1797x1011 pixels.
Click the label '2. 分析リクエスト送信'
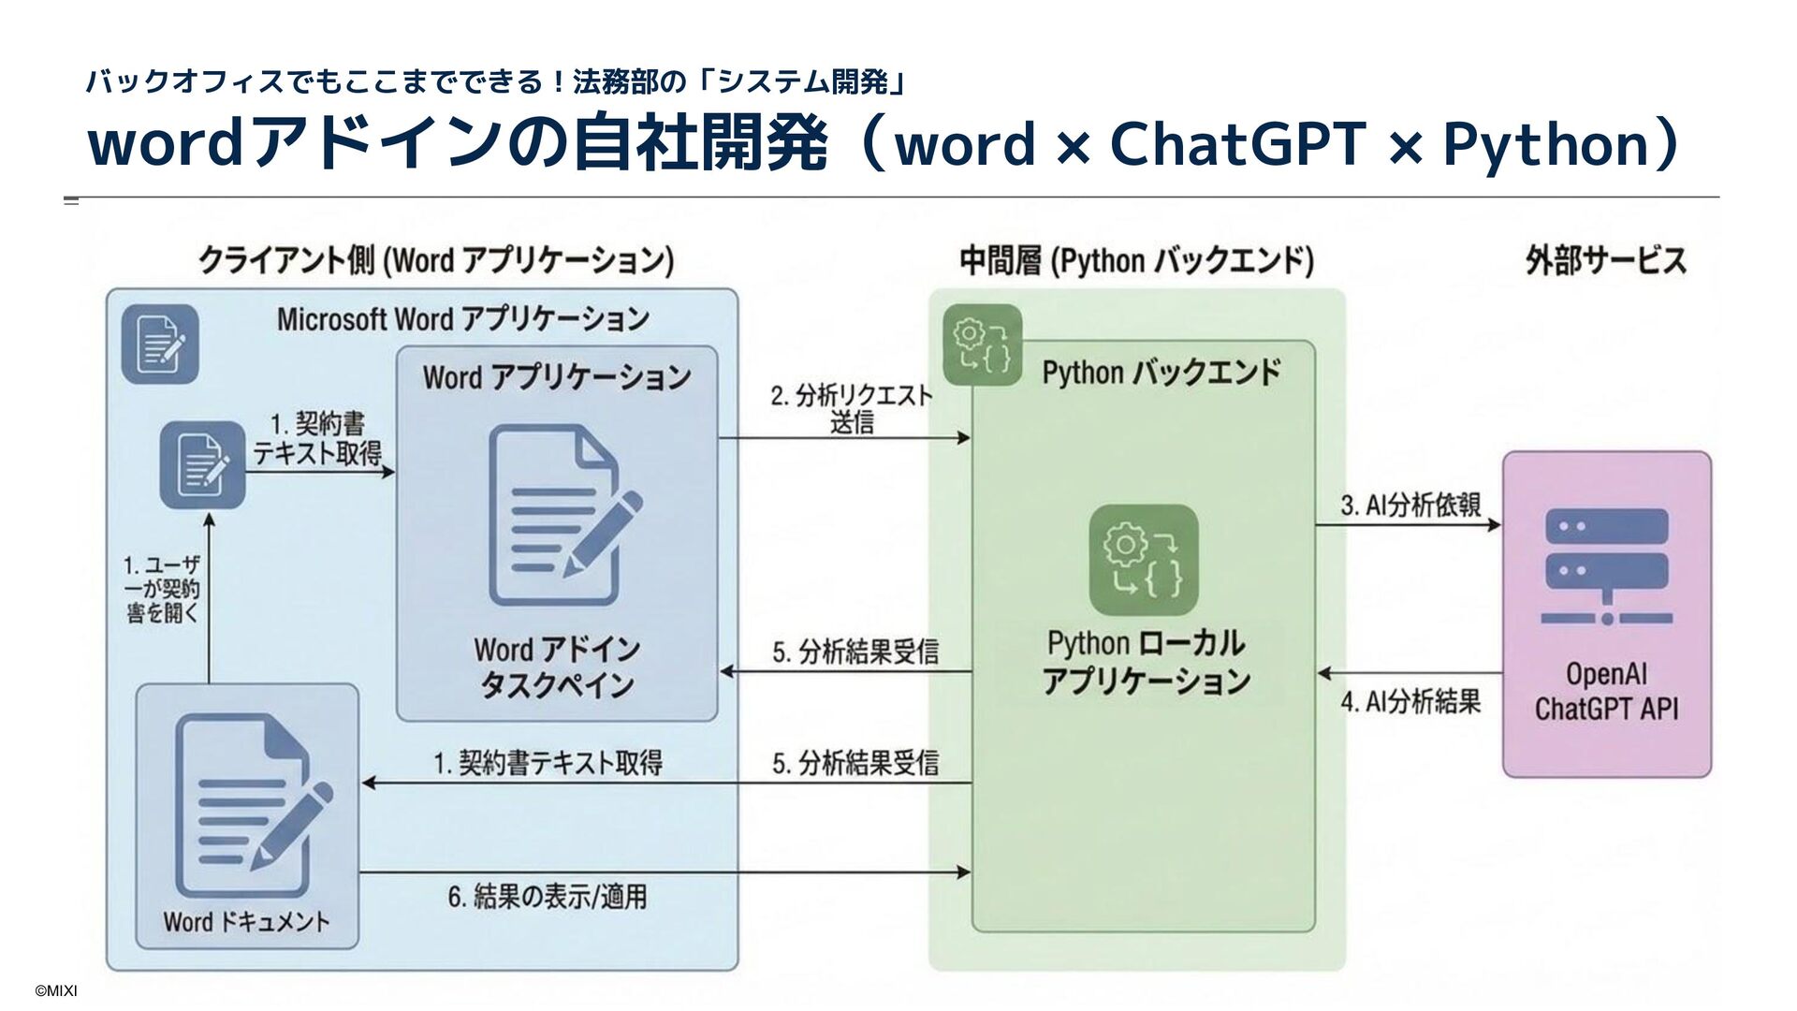pyautogui.click(x=852, y=409)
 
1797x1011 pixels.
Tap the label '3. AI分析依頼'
pyautogui.click(x=1410, y=505)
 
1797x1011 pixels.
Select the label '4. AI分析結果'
pyautogui.click(x=1410, y=701)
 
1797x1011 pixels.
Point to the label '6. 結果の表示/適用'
pyautogui.click(x=547, y=897)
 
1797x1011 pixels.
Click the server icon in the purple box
pyautogui.click(x=1606, y=564)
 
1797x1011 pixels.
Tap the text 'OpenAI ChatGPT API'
pyautogui.click(x=1606, y=691)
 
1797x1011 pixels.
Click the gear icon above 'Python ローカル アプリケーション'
pyautogui.click(x=1144, y=561)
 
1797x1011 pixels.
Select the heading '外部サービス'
pyautogui.click(x=1606, y=260)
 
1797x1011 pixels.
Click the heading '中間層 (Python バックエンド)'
pyautogui.click(x=1136, y=261)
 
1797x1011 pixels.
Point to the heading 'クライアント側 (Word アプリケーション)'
pyautogui.click(x=436, y=260)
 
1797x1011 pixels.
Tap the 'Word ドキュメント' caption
pyautogui.click(x=246, y=922)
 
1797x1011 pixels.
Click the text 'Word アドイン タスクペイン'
pyautogui.click(x=557, y=667)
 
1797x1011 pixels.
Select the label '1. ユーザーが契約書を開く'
pyautogui.click(x=163, y=589)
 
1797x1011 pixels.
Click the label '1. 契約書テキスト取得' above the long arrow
pyautogui.click(x=548, y=764)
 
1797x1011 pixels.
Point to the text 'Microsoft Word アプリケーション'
pyautogui.click(x=462, y=319)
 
